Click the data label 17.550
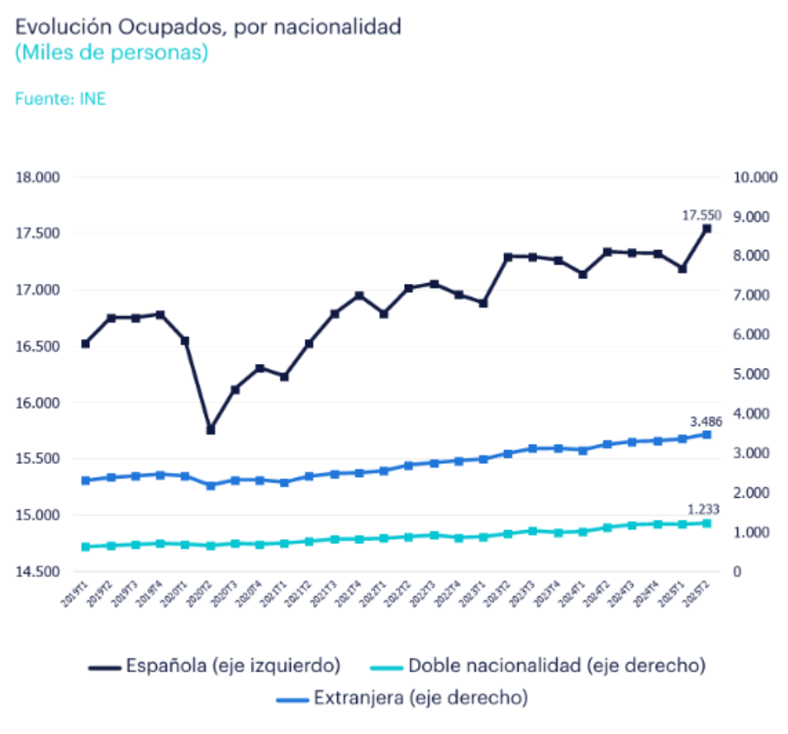tap(701, 216)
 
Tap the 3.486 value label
tap(706, 422)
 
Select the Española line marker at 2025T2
tap(706, 229)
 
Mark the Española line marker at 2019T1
tap(85, 344)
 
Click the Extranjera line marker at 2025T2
tap(706, 435)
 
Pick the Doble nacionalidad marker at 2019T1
tap(85, 547)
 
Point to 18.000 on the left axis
tap(38, 178)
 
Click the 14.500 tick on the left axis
tap(38, 572)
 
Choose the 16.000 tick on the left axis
tap(38, 402)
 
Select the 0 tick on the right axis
tap(738, 572)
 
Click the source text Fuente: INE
tap(61, 98)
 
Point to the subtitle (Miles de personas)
tap(112, 54)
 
